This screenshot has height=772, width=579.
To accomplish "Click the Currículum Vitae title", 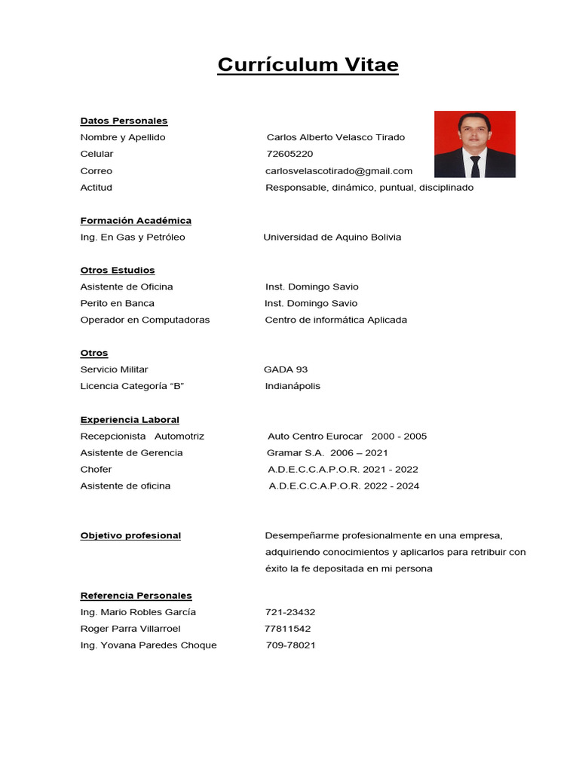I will tap(308, 66).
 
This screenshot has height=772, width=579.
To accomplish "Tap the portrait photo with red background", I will tap(474, 144).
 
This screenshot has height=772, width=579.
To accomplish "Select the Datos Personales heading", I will tap(124, 121).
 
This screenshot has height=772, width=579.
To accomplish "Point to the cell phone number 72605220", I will tap(289, 154).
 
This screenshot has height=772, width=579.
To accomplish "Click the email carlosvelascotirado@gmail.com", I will tap(339, 170).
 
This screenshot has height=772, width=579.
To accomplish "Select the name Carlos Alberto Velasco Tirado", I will tap(335, 137).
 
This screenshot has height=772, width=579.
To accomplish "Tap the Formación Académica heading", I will tap(136, 220).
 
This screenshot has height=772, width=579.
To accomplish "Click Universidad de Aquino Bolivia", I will tap(332, 237).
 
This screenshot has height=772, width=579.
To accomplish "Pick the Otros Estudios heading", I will tap(118, 270).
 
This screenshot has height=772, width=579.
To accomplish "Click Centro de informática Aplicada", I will tap(335, 320).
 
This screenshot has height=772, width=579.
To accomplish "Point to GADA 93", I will tap(286, 369).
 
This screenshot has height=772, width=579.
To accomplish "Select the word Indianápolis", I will tap(293, 386).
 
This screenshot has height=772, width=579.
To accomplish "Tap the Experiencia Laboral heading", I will tap(130, 419).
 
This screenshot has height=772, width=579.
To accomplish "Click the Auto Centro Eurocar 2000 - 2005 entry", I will tap(347, 436).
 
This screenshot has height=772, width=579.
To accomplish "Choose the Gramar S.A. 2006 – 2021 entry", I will tap(327, 452).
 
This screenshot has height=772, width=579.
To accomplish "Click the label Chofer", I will tap(96, 469).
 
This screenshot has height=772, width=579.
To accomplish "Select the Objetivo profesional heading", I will tap(130, 535).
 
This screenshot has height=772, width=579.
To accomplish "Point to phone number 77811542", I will tap(287, 628).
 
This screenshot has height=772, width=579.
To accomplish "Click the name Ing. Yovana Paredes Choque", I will tap(149, 645).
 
